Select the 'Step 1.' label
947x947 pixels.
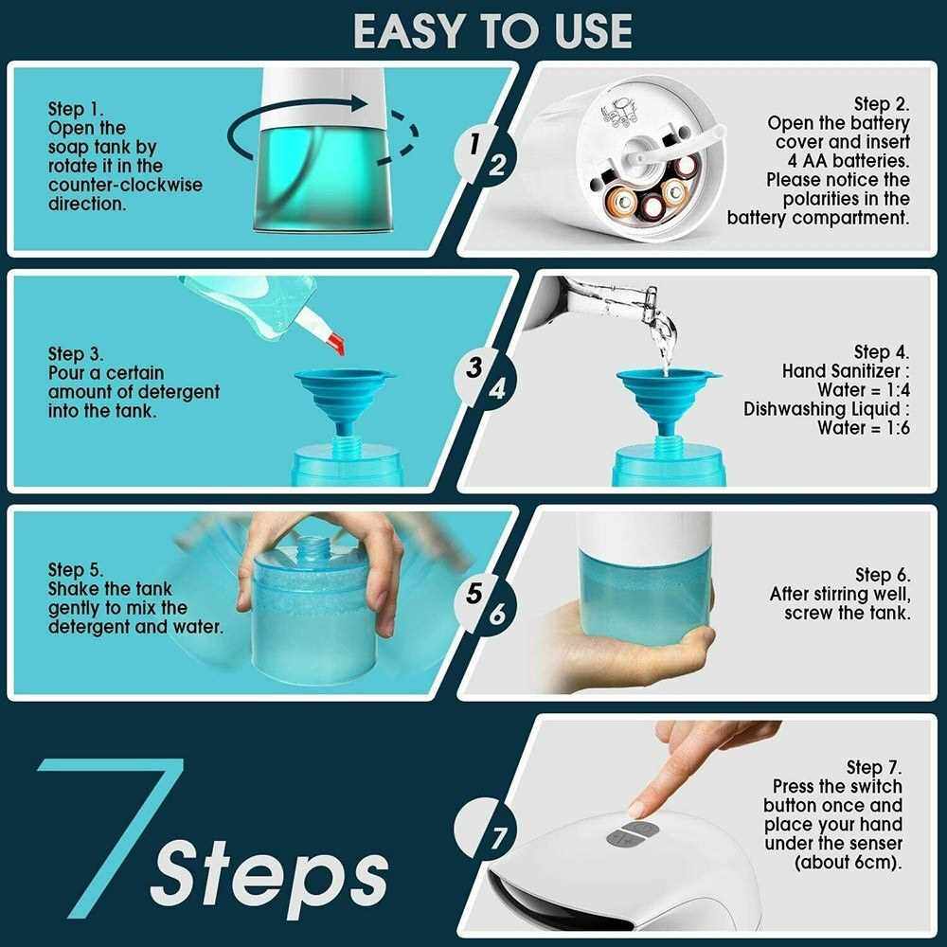[x=76, y=109]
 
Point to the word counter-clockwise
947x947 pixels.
[x=125, y=185]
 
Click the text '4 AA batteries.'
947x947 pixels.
[x=849, y=161]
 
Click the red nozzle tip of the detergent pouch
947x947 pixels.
[x=334, y=345]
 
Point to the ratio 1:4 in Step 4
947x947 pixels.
[x=898, y=390]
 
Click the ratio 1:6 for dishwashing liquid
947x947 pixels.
[x=898, y=428]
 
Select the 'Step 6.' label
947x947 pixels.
[x=883, y=575]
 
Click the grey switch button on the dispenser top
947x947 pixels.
[x=633, y=832]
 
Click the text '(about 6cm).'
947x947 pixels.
[x=848, y=863]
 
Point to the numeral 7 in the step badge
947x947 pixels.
[x=498, y=839]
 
